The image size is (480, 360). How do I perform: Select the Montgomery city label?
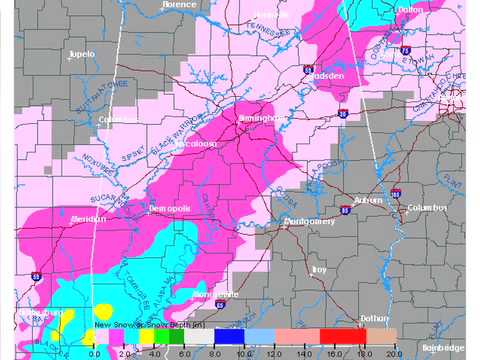click(307, 221)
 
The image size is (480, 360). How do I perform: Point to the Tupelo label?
click(81, 52)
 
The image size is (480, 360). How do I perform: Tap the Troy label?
click(319, 269)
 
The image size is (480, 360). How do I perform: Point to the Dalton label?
click(410, 9)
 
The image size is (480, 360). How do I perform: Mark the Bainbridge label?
click(443, 347)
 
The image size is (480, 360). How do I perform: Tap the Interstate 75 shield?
click(403, 48)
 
